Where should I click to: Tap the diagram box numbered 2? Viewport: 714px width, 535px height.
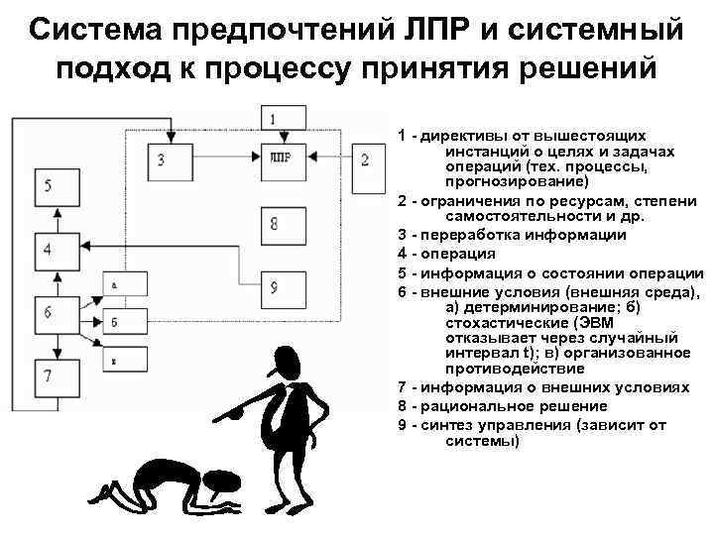click(364, 160)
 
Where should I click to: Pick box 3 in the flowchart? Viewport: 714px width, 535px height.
click(162, 160)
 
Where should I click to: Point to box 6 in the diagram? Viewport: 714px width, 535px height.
click(50, 313)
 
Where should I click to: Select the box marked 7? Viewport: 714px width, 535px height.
click(50, 378)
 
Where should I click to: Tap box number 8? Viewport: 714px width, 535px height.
click(275, 224)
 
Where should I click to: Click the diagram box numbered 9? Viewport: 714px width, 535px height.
click(275, 287)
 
